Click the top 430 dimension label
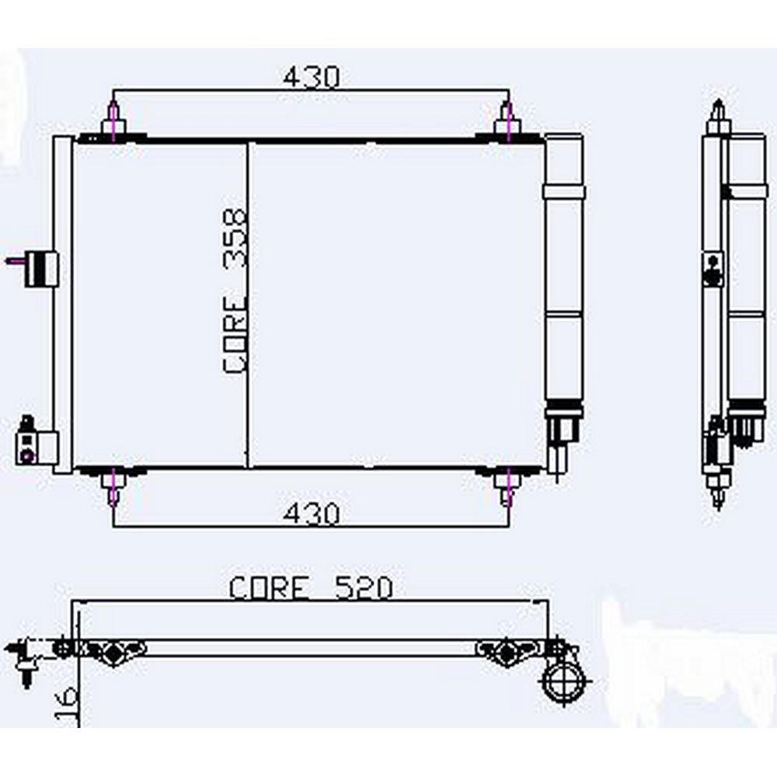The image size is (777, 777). pyautogui.click(x=312, y=77)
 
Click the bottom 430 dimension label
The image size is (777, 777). pyautogui.click(x=312, y=514)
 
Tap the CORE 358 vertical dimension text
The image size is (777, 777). pyautogui.click(x=235, y=291)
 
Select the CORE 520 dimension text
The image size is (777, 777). pyautogui.click(x=311, y=588)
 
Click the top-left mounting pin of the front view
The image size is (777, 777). pyautogui.click(x=113, y=120)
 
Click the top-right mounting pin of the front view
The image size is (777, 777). pyautogui.click(x=507, y=120)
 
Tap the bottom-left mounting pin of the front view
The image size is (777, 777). pyautogui.click(x=113, y=487)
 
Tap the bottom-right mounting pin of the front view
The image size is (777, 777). pyautogui.click(x=507, y=487)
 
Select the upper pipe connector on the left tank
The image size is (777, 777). pyautogui.click(x=35, y=269)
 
